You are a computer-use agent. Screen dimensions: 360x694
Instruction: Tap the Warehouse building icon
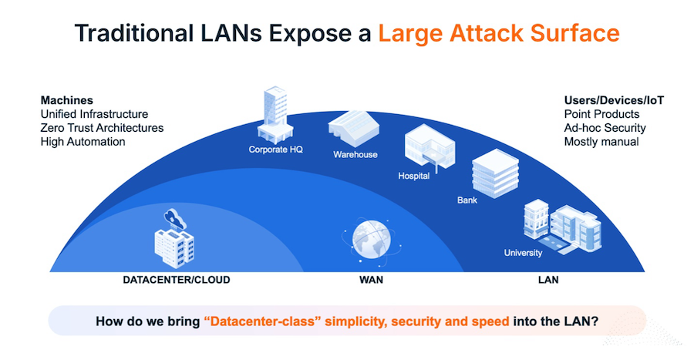click(x=352, y=127)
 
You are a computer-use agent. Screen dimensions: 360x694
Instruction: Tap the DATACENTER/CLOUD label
click(x=176, y=280)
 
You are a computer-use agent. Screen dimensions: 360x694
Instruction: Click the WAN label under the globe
click(x=371, y=280)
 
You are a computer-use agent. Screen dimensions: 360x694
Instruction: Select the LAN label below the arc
click(x=548, y=280)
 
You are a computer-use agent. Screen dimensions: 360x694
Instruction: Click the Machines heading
click(x=67, y=100)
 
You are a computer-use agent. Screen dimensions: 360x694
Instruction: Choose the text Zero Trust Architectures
click(x=102, y=128)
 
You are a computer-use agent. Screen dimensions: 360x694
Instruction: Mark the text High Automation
click(x=83, y=142)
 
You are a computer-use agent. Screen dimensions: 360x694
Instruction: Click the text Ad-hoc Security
click(x=605, y=128)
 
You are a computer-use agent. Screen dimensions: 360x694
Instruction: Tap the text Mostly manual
click(x=601, y=142)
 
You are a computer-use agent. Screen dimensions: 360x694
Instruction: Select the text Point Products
click(x=601, y=114)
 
